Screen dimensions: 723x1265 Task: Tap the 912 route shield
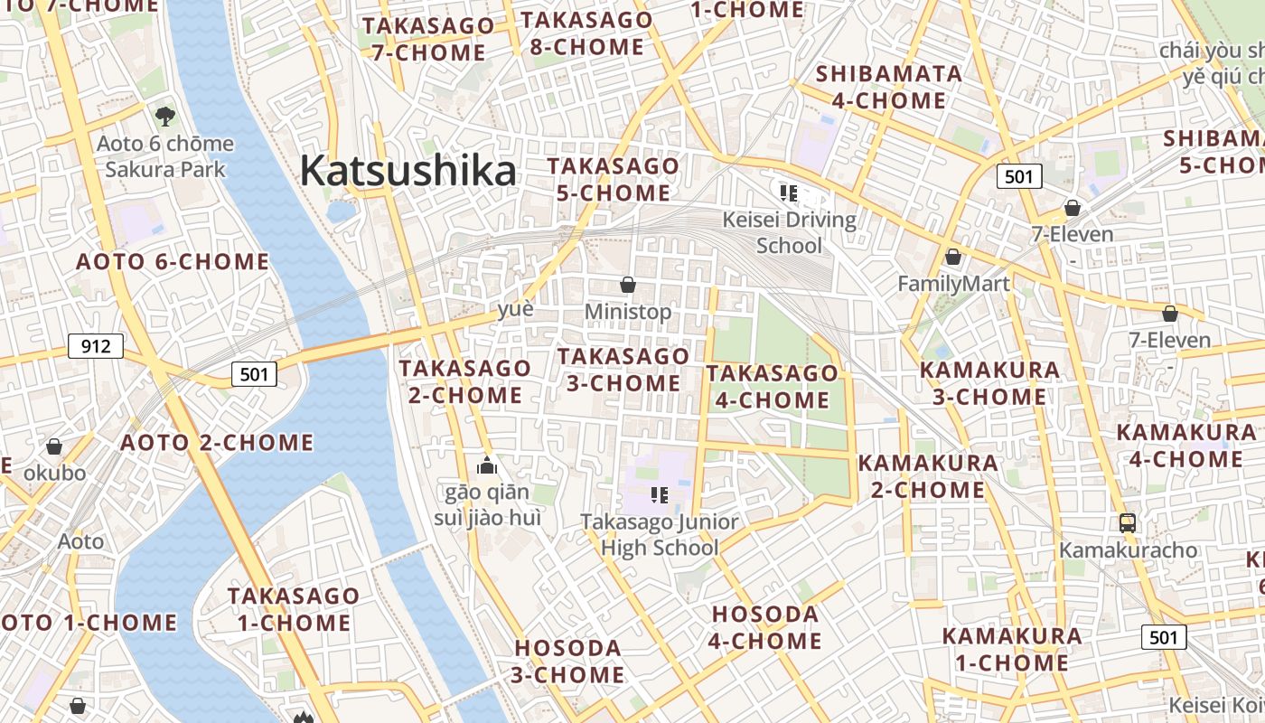(96, 345)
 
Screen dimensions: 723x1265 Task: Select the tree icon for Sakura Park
(164, 115)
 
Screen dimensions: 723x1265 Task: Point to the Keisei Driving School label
(789, 232)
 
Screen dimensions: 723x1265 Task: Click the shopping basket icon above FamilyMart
(952, 258)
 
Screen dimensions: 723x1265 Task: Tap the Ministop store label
(628, 312)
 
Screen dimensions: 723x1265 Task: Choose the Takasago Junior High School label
(659, 534)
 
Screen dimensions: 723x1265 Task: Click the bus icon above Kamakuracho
(1128, 522)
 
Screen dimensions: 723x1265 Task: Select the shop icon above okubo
(54, 446)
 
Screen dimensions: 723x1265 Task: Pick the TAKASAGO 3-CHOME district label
(623, 370)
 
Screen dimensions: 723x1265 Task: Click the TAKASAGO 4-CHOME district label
(772, 387)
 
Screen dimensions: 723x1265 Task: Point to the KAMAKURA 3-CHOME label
(989, 383)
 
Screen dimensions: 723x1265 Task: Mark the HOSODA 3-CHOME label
(568, 662)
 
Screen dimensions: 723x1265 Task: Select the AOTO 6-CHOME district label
(173, 262)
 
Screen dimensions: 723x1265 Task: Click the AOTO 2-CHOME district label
(217, 443)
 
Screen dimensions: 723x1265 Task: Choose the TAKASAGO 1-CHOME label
(294, 609)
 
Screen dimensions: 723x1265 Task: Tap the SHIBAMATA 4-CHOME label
(888, 87)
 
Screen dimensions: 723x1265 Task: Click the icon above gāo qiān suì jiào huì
(488, 466)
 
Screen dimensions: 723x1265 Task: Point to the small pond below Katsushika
(342, 211)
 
